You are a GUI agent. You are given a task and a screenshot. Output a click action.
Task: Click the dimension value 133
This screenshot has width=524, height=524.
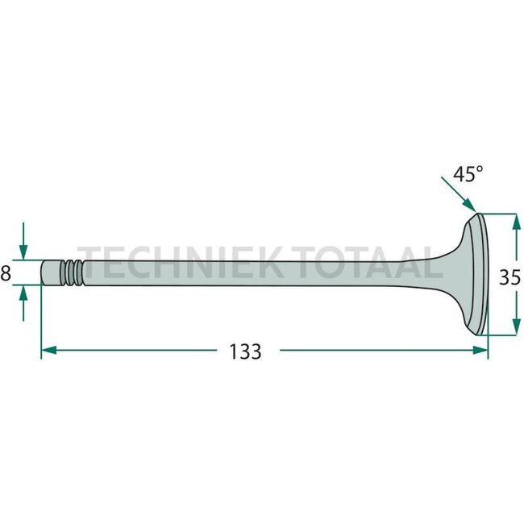(x=245, y=351)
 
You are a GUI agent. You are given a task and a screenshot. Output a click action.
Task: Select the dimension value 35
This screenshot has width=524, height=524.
(x=509, y=278)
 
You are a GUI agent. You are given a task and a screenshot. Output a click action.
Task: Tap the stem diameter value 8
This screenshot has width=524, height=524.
(x=6, y=273)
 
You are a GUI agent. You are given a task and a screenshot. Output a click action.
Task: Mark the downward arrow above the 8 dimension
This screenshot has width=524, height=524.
(x=24, y=245)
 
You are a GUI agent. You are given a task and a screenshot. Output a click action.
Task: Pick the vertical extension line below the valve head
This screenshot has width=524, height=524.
(x=488, y=343)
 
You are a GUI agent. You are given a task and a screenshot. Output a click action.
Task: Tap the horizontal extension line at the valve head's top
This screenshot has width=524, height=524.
(x=500, y=214)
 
